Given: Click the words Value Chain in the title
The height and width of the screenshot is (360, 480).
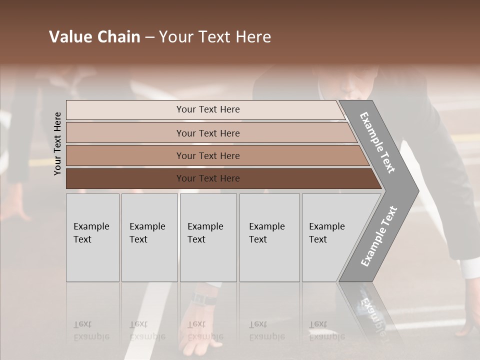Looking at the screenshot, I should [94, 37].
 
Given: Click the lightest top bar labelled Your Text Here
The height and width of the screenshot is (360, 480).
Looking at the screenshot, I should [207, 109].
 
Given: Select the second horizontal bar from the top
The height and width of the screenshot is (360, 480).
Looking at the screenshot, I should [207, 133].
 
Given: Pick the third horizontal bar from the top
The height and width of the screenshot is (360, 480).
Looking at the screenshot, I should [207, 155].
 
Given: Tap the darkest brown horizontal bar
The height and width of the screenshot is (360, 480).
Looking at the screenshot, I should [207, 178].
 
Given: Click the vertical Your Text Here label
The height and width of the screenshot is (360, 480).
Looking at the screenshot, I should [57, 143].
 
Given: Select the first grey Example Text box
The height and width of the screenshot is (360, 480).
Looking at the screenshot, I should [92, 237].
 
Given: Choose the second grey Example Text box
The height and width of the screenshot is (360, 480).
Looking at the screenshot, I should [149, 237].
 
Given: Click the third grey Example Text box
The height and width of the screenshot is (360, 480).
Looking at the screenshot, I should [208, 237].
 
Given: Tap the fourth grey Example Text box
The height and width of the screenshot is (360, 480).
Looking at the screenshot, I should [269, 237].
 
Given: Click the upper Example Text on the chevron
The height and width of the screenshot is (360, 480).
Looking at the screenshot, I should [377, 142].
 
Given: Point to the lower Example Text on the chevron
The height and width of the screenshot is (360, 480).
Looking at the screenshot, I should [379, 236].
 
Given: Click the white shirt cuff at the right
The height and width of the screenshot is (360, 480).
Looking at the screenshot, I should [468, 270].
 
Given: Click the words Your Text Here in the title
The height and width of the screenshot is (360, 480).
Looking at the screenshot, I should [215, 37].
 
